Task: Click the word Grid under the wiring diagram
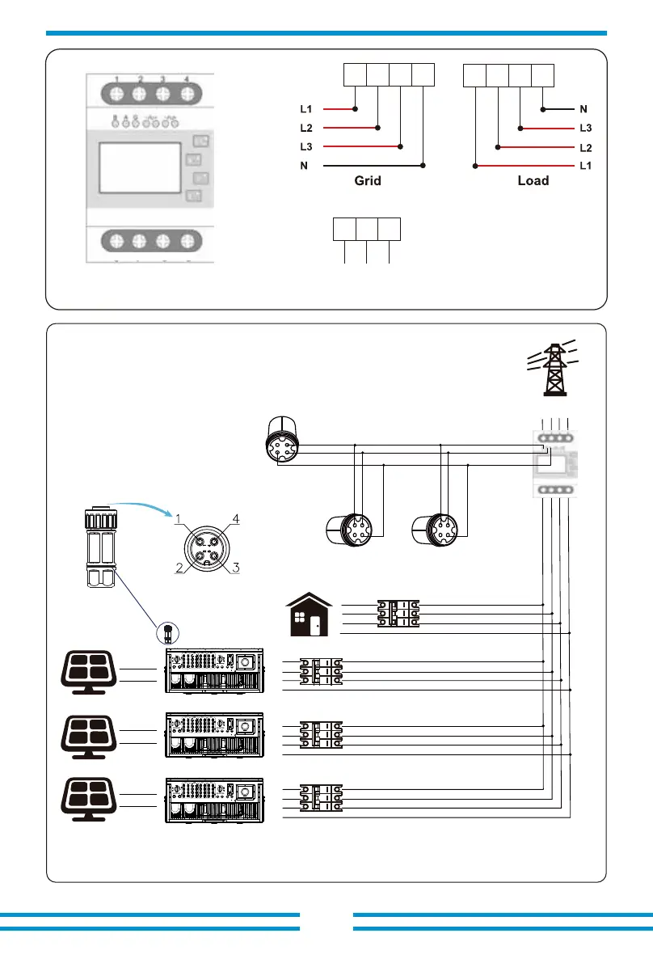coord(367,181)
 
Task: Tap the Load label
coord(533,181)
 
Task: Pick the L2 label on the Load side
coord(586,147)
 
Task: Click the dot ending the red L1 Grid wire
coord(356,108)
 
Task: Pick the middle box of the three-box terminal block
coord(367,229)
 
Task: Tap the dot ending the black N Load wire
coord(543,108)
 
